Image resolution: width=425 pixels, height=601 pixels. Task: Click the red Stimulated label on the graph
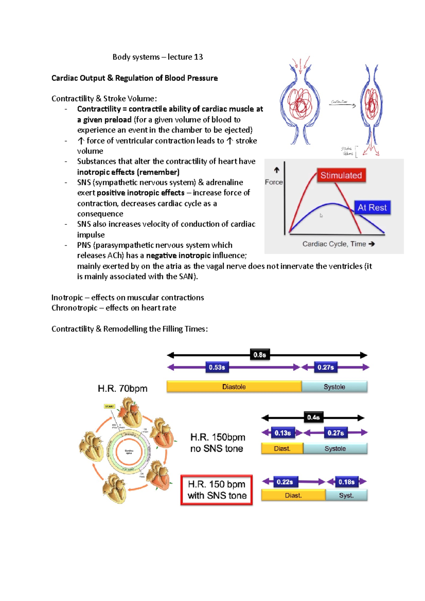(341, 175)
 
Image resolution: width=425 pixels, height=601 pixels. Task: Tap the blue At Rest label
(372, 207)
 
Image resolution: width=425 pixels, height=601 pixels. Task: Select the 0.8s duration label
(260, 355)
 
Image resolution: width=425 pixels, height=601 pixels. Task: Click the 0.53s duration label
(217, 367)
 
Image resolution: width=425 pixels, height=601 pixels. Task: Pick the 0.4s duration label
(313, 417)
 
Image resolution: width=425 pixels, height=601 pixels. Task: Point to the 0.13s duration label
(283, 433)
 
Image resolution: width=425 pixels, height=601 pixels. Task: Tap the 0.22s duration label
(285, 482)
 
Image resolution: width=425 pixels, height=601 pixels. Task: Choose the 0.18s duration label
(346, 482)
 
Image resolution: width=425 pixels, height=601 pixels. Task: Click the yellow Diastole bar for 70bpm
(234, 387)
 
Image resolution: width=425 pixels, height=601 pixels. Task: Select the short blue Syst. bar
(346, 496)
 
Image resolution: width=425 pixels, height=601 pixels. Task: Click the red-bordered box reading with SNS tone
(217, 490)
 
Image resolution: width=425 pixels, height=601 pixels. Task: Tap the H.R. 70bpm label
(123, 389)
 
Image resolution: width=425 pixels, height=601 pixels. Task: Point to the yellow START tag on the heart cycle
(109, 406)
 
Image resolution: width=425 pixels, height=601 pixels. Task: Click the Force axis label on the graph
(274, 182)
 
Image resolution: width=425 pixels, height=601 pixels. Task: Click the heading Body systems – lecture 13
(158, 57)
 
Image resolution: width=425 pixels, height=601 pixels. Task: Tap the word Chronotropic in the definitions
(74, 308)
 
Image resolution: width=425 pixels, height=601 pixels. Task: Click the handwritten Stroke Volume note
(347, 151)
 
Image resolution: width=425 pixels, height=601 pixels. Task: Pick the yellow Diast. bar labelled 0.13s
(282, 448)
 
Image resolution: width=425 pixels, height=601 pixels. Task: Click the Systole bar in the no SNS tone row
(335, 448)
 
